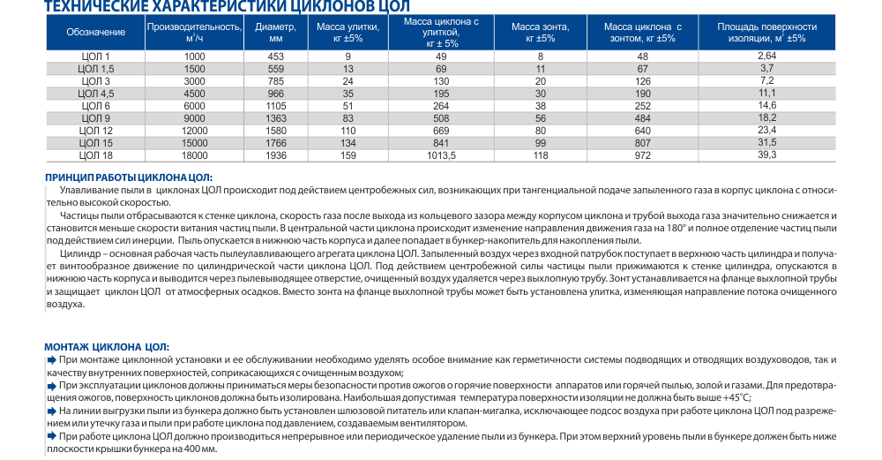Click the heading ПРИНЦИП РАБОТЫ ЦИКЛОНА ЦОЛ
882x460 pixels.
[x=130, y=177]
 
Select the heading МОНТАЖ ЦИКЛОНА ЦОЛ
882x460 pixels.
[x=106, y=347]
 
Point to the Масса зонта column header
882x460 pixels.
[x=541, y=33]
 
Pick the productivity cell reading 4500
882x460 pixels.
[x=195, y=92]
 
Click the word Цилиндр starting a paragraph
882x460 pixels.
[x=78, y=253]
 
